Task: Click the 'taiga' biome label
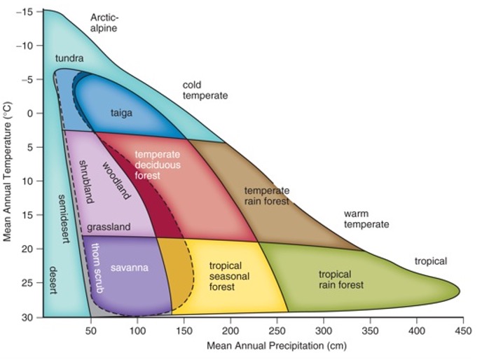pyautogui.click(x=120, y=112)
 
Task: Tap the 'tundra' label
pyautogui.click(x=69, y=58)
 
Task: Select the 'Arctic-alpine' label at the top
pyautogui.click(x=104, y=22)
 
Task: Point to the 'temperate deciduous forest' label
pyautogui.click(x=158, y=165)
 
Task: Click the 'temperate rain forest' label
pyautogui.click(x=266, y=196)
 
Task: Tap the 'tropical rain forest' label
pyautogui.click(x=341, y=279)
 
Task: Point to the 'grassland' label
pyautogui.click(x=109, y=228)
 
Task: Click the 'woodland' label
pyautogui.click(x=116, y=181)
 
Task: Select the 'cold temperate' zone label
pyautogui.click(x=205, y=90)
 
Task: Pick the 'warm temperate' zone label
pyautogui.click(x=366, y=219)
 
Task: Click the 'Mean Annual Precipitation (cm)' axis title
pyautogui.click(x=276, y=346)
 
